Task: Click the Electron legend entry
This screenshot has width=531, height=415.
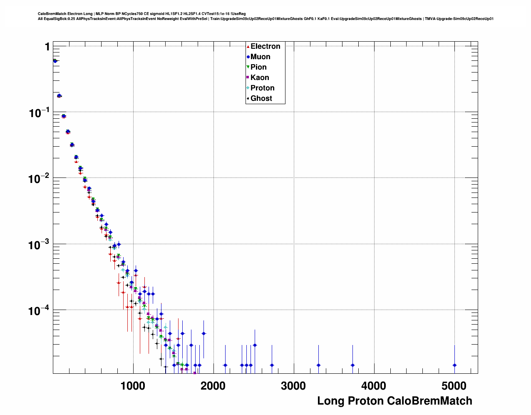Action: (x=265, y=47)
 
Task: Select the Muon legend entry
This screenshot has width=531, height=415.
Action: (x=260, y=57)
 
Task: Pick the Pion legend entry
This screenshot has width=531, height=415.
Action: (x=258, y=67)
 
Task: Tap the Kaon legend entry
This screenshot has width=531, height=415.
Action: (x=260, y=78)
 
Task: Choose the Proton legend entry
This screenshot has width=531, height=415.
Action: (x=262, y=88)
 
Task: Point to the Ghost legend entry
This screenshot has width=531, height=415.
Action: (x=261, y=99)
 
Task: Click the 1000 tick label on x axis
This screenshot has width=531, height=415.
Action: (x=133, y=386)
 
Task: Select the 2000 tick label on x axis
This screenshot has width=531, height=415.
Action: (x=213, y=386)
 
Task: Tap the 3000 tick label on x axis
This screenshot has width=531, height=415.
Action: (x=293, y=386)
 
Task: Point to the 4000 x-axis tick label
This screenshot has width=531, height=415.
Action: (x=374, y=386)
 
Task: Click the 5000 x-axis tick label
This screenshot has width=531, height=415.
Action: (x=454, y=386)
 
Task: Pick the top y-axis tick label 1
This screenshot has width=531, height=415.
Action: (x=47, y=47)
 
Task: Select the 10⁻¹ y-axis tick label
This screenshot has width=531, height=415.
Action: (x=39, y=112)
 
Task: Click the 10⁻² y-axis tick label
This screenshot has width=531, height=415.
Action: (x=39, y=179)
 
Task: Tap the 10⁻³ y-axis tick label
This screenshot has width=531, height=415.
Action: (x=39, y=245)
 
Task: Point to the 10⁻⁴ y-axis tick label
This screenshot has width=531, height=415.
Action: (x=39, y=310)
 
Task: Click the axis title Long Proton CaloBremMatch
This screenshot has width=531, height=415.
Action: (x=395, y=401)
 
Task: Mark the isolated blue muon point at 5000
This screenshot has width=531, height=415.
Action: (x=454, y=365)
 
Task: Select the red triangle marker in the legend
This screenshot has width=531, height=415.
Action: (x=248, y=47)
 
